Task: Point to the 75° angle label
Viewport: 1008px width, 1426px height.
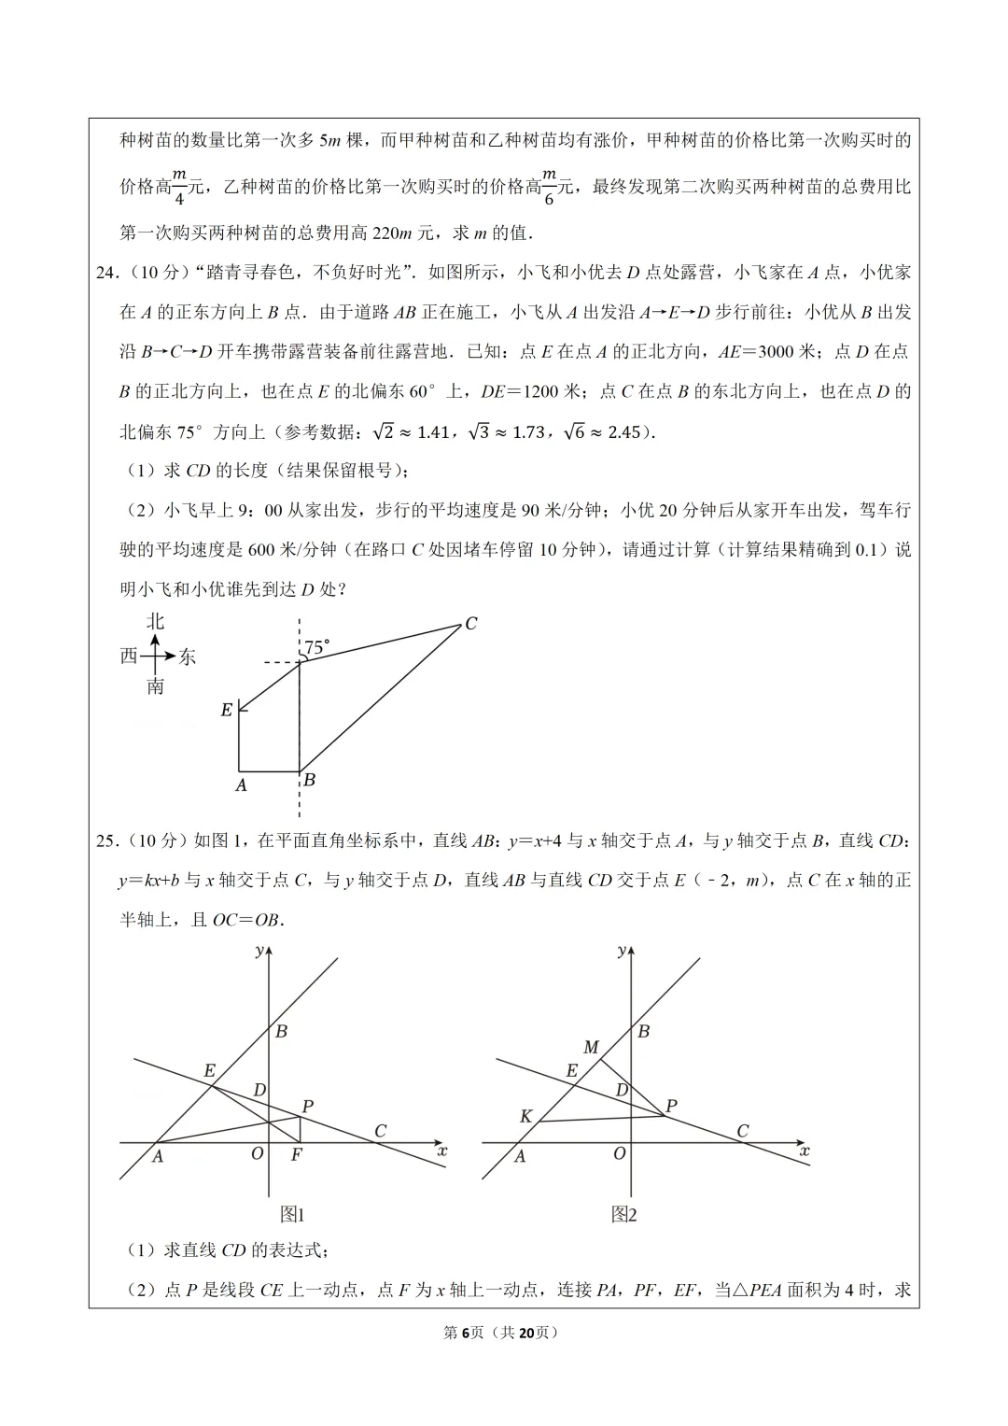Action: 317,647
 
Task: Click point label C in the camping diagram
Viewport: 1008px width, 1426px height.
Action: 471,624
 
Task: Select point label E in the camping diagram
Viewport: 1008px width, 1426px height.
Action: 226,711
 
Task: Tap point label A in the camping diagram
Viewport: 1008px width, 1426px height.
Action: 241,785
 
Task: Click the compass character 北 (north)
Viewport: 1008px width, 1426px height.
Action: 155,622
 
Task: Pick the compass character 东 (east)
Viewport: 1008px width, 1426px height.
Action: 188,657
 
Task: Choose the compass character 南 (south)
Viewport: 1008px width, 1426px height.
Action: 155,687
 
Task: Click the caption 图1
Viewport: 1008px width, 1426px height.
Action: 293,1214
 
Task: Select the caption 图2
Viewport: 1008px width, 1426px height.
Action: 623,1214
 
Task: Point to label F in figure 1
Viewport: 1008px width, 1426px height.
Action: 297,1154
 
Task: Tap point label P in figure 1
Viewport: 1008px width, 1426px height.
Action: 307,1107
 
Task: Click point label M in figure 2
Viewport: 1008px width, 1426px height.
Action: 591,1048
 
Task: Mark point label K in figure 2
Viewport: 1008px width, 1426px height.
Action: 526,1117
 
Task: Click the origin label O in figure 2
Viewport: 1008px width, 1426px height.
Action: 619,1154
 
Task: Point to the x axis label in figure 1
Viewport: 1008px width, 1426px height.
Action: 441,1151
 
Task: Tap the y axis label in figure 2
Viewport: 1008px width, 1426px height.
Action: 622,951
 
